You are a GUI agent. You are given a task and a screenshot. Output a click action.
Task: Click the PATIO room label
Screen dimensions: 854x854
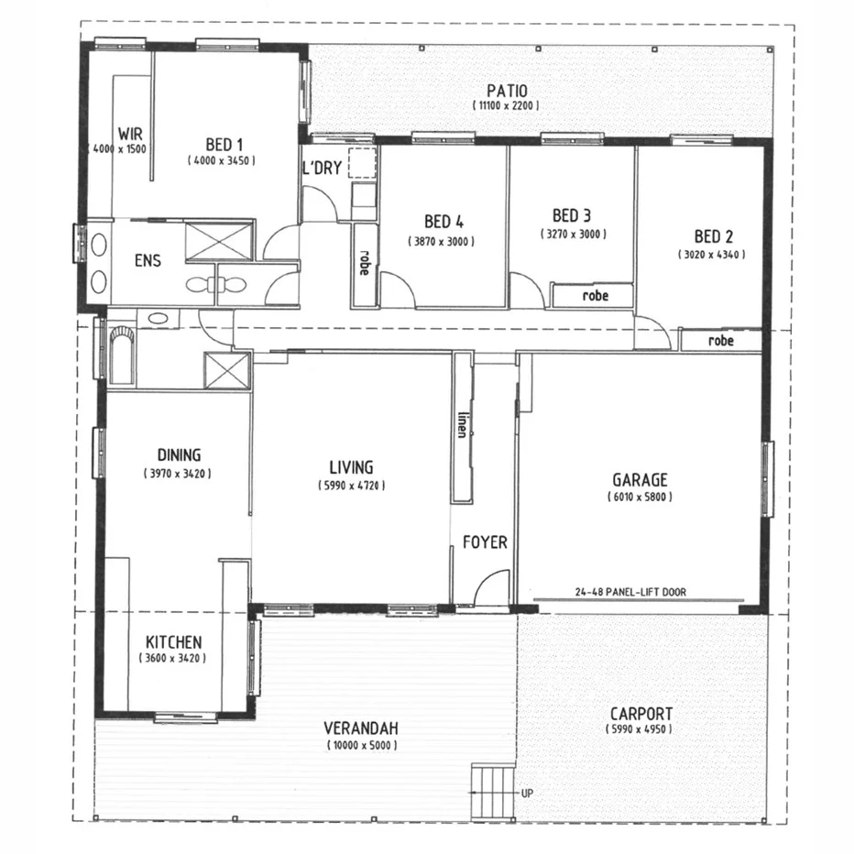(507, 91)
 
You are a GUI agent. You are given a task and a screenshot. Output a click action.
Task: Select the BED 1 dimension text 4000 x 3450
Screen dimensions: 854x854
(221, 160)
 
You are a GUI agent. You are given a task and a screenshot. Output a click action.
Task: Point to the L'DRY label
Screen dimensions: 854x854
(322, 169)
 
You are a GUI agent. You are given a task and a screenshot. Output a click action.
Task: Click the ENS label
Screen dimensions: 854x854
(148, 261)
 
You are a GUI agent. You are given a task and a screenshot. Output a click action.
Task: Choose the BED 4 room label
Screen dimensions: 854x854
(443, 222)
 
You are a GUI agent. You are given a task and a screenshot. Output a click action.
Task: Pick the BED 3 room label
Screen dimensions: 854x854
(572, 215)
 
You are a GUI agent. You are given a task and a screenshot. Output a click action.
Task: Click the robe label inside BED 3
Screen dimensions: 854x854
(596, 296)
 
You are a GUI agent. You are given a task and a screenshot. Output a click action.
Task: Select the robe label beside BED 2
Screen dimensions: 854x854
(721, 341)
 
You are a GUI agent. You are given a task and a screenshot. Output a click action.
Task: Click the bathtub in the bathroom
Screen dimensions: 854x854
(121, 355)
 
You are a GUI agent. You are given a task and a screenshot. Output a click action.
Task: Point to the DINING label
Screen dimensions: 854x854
(179, 455)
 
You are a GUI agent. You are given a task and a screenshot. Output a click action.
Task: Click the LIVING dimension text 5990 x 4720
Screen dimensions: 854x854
(353, 485)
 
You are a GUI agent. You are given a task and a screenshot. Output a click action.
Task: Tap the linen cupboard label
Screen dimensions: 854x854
(462, 425)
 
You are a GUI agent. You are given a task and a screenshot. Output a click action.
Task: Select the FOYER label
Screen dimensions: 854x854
(485, 542)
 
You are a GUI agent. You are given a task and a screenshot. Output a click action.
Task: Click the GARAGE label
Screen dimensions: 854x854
(640, 479)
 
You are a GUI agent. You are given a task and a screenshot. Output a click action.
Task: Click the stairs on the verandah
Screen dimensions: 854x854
(495, 791)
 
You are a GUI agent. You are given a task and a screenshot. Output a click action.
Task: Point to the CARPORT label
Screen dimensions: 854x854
(641, 714)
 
